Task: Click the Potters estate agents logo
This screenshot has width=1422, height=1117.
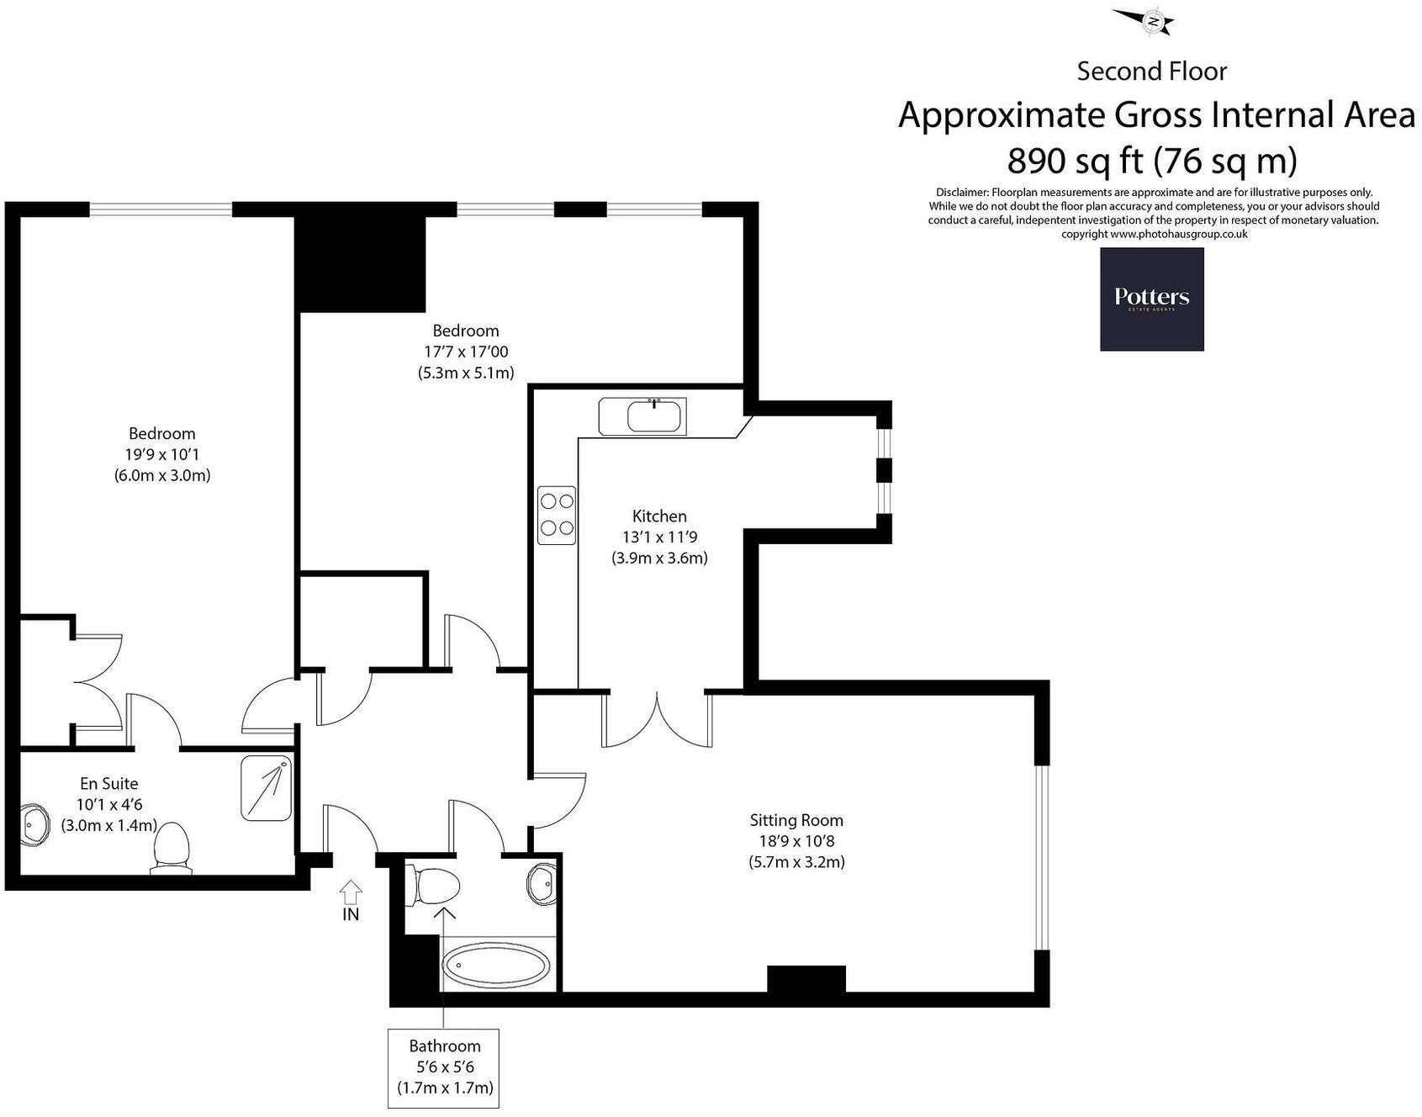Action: (x=1151, y=299)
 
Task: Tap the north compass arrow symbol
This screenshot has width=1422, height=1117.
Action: (x=1144, y=20)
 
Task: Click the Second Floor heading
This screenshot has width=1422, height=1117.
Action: (x=1151, y=71)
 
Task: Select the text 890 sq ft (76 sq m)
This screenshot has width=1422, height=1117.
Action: (x=1152, y=159)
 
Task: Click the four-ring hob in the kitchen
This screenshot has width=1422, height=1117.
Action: (x=557, y=515)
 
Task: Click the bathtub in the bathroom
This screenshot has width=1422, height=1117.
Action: (x=497, y=964)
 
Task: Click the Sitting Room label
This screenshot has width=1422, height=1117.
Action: (x=796, y=820)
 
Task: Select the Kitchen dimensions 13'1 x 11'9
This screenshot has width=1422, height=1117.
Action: (x=659, y=537)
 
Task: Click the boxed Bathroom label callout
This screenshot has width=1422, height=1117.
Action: (x=445, y=1067)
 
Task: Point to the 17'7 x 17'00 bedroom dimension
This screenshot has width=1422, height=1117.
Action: (x=466, y=352)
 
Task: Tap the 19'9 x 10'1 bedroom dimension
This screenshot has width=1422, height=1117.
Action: (x=161, y=454)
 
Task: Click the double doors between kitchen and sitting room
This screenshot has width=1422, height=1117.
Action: (x=657, y=719)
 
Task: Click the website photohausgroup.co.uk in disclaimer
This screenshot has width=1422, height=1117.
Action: (x=1178, y=235)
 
